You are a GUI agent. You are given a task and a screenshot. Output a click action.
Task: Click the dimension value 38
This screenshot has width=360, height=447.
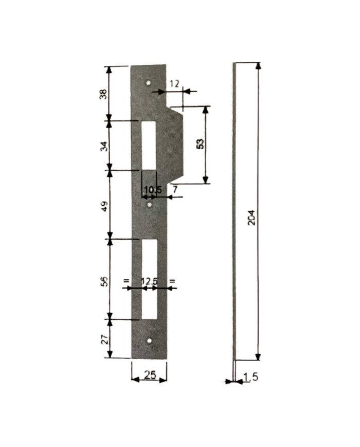coord(103,95)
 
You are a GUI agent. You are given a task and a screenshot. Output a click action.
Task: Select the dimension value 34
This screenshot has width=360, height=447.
coord(103,146)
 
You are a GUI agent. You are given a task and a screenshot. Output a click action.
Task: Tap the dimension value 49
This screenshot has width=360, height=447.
coord(103,207)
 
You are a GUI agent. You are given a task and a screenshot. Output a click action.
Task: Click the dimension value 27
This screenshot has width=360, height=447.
coord(103,339)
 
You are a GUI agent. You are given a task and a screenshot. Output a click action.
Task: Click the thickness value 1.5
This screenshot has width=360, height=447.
coord(250,378)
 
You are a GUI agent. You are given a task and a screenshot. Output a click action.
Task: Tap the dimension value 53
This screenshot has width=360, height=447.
coord(201,144)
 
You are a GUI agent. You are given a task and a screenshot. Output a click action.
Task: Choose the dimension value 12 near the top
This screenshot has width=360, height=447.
coord(175,83)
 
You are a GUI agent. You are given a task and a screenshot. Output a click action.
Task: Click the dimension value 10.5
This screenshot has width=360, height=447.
coord(152,190)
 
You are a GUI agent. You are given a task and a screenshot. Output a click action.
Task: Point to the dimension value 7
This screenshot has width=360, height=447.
coord(175,190)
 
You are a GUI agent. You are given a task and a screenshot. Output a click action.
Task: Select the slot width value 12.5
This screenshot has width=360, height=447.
coord(149,281)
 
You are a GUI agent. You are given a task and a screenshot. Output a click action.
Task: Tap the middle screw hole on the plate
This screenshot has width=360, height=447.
coord(149,205)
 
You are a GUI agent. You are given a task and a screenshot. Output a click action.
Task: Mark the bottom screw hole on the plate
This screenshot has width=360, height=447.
coord(149,341)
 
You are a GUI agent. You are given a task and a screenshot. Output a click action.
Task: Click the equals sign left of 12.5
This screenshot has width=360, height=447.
coord(125,281)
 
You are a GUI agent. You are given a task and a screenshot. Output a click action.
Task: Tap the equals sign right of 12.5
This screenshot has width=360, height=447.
coord(172,281)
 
